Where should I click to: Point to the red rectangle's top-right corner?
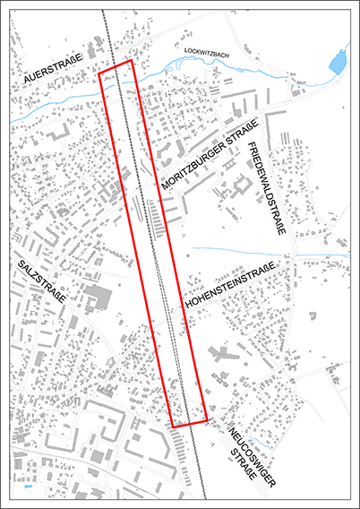click(132, 62)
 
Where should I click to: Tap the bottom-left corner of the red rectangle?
click(173, 426)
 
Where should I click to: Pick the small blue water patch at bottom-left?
click(28, 489)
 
